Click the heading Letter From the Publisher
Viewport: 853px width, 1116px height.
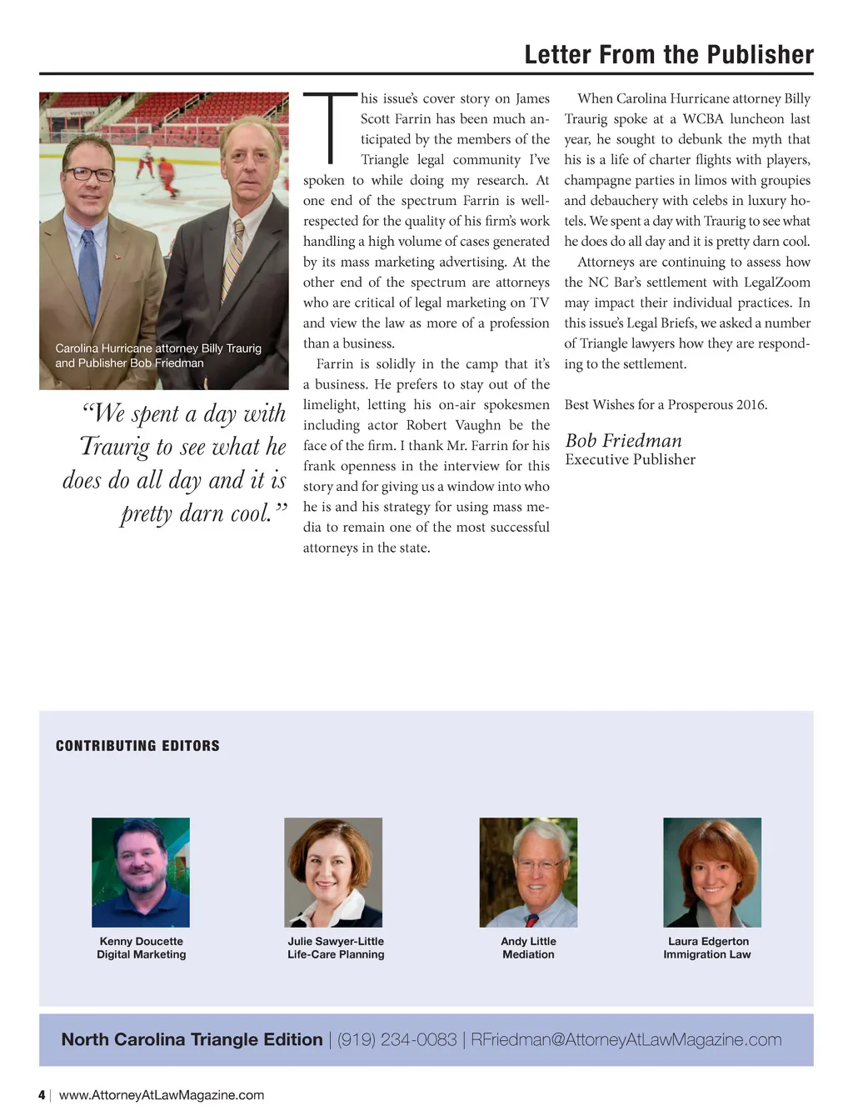[x=669, y=55]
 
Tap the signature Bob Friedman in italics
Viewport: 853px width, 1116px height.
[x=623, y=441]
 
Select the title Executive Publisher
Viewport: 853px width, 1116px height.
[x=630, y=459]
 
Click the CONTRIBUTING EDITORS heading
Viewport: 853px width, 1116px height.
[x=137, y=746]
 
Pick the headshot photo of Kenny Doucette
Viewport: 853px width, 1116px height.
[x=141, y=872]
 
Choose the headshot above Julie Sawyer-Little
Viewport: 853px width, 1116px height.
[x=333, y=872]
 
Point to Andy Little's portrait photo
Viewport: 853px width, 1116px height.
[x=528, y=872]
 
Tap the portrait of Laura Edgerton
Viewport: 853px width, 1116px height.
[x=712, y=872]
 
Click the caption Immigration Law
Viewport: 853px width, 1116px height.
[x=706, y=954]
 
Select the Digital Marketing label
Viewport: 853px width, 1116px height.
[x=141, y=954]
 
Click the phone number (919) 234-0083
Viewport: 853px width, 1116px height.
[x=397, y=1039]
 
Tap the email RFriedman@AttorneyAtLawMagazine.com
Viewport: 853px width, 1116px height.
[x=626, y=1039]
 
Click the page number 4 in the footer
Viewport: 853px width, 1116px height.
[x=42, y=1095]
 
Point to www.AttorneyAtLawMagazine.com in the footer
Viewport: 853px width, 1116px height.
[x=162, y=1095]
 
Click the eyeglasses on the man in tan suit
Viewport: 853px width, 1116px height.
[x=89, y=174]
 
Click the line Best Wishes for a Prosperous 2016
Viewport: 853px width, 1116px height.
[x=666, y=405]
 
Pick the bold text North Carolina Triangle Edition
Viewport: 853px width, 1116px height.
[x=192, y=1039]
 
